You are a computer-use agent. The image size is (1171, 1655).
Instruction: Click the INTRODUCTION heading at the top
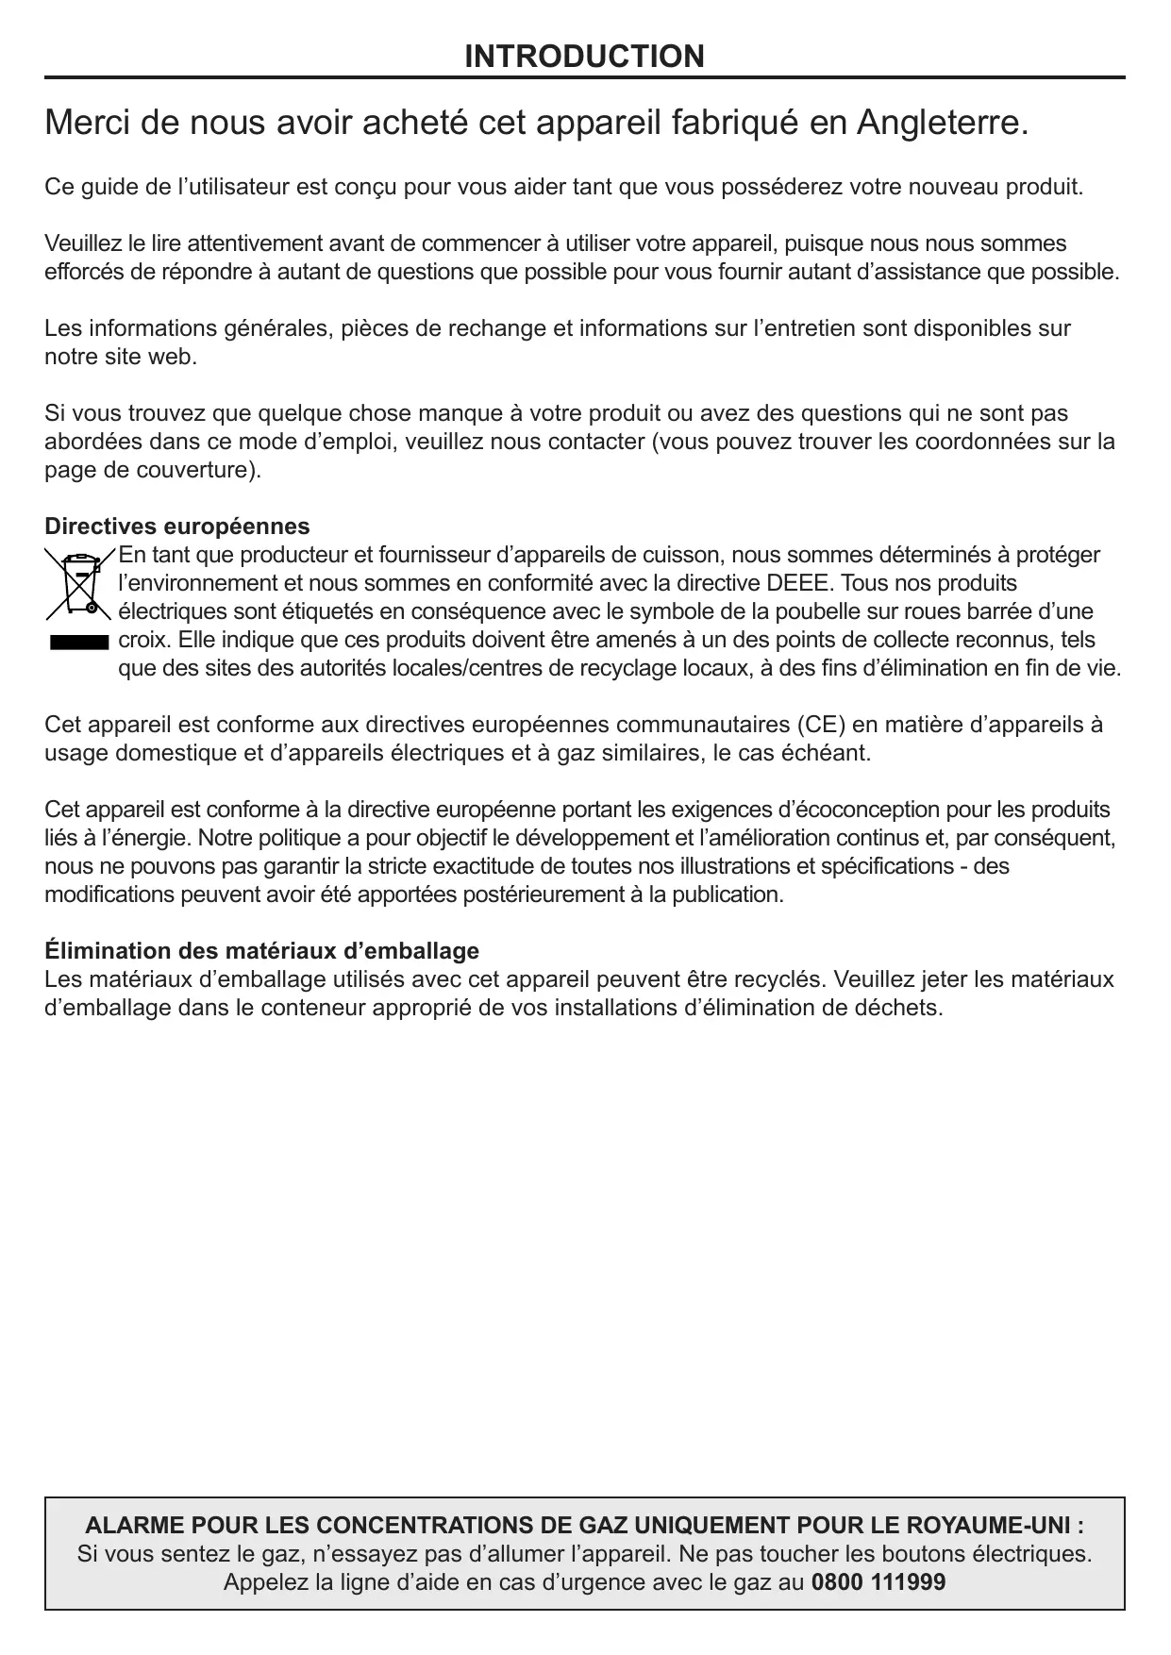tap(584, 57)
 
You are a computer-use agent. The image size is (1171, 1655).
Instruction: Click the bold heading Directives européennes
tap(177, 526)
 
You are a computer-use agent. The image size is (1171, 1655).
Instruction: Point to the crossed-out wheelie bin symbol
tap(78, 583)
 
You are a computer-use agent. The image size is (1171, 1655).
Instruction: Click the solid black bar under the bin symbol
tap(78, 643)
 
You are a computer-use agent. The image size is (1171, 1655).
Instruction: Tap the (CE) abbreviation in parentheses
tap(821, 725)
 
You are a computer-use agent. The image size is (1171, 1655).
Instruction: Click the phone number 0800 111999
tap(878, 1582)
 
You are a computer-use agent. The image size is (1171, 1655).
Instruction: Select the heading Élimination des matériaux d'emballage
tap(261, 950)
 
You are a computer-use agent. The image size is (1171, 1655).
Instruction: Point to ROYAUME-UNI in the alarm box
tap(993, 1526)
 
